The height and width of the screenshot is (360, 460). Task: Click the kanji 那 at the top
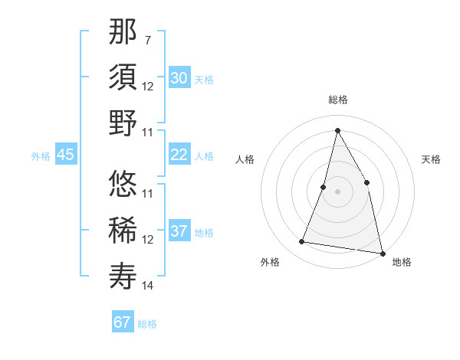[x=123, y=31]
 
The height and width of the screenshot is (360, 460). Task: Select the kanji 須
[x=123, y=77]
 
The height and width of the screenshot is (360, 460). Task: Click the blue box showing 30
[x=179, y=78]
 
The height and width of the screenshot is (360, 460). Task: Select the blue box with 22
[x=179, y=155]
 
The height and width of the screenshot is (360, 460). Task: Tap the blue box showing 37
[x=179, y=231]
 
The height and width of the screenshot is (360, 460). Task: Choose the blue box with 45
[x=65, y=155]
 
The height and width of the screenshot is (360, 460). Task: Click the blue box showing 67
[x=122, y=322]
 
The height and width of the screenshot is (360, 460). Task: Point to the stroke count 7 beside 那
[x=147, y=38]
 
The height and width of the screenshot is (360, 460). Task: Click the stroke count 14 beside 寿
[x=147, y=286]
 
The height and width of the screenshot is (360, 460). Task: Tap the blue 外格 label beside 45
[x=41, y=156]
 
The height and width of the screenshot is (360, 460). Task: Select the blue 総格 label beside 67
[x=147, y=324]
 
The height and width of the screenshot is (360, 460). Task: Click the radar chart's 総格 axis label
[x=337, y=100]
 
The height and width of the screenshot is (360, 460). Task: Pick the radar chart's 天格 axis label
[x=431, y=159]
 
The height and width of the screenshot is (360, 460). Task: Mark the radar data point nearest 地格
[x=382, y=253]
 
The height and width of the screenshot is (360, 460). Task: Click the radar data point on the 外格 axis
[x=302, y=242]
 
